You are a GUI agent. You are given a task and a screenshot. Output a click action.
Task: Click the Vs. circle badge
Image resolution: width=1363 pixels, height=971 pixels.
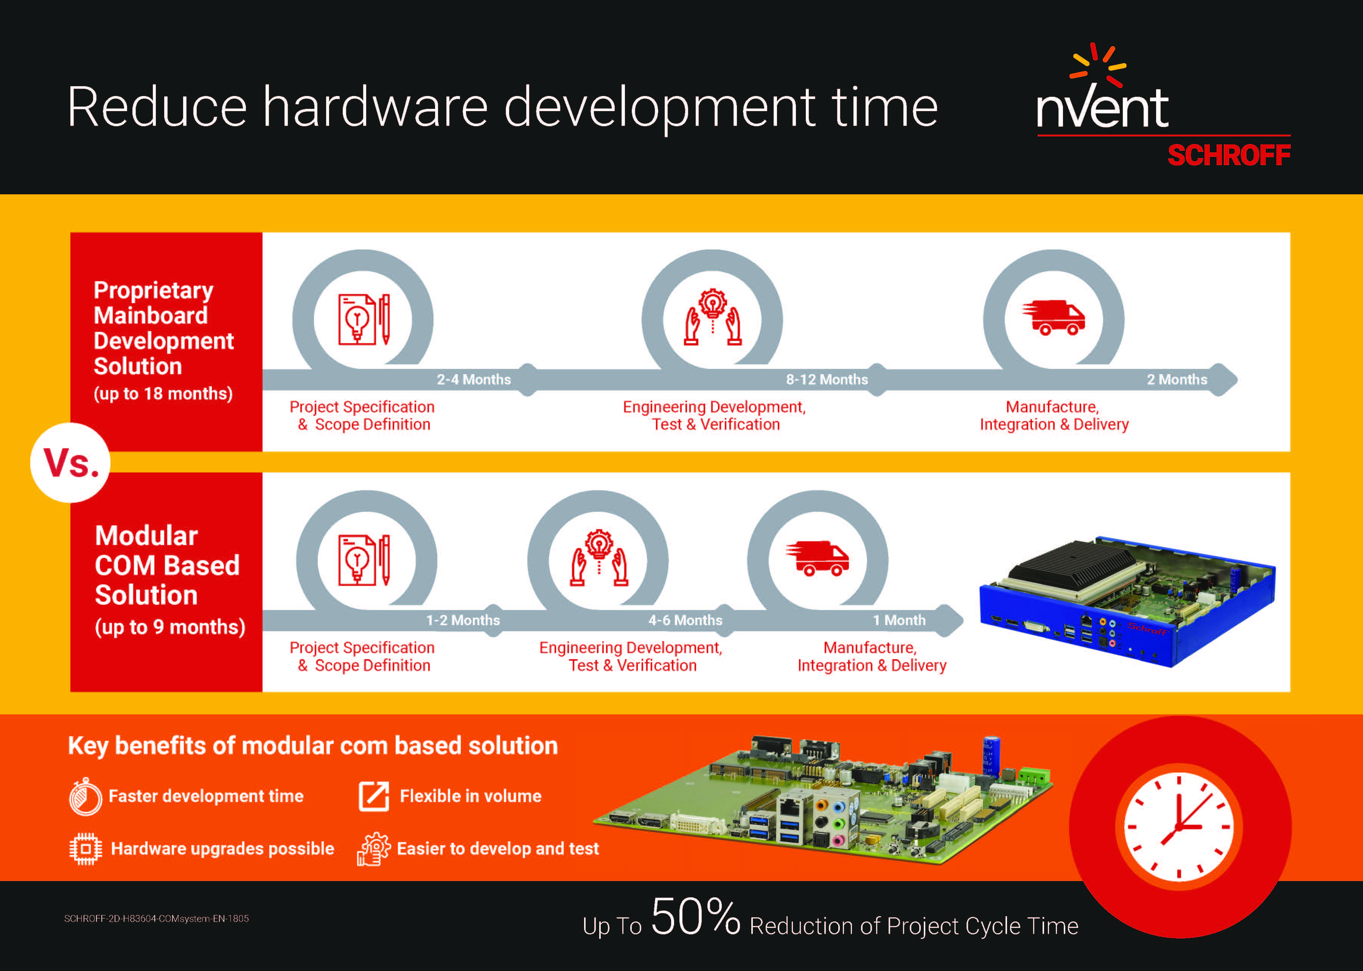71,463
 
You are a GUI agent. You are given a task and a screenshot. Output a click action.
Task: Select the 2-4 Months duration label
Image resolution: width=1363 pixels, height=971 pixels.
473,380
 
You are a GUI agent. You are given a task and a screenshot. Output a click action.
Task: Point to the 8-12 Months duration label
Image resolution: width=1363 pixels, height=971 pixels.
826,380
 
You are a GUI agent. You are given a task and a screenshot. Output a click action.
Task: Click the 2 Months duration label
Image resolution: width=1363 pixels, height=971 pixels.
1177,380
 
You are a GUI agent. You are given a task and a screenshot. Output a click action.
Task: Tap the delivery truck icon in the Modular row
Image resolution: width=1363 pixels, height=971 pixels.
817,558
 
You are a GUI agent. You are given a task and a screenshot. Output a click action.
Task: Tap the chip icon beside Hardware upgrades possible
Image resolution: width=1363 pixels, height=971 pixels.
85,849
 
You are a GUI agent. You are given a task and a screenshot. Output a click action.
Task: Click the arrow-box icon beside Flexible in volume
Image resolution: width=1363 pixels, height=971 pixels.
373,796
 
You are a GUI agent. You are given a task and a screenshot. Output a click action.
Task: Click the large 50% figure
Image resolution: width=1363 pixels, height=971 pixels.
695,916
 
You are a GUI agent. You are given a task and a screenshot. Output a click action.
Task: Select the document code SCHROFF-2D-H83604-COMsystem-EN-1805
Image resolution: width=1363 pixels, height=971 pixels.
156,919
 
